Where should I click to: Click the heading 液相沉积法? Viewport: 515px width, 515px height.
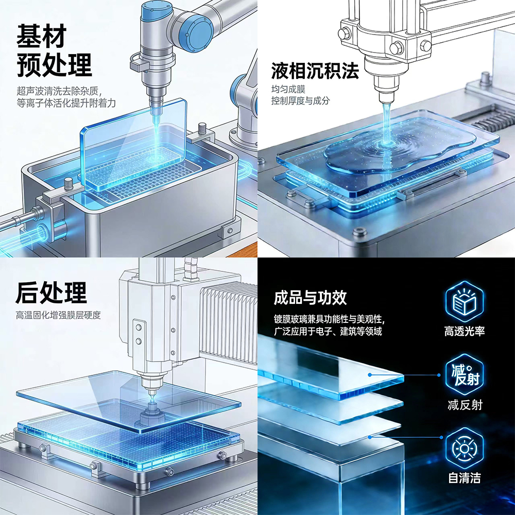[315, 71]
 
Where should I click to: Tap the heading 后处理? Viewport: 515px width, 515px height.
[51, 293]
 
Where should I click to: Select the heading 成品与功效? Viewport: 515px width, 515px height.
[310, 298]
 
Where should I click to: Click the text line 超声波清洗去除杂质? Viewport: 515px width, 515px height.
[57, 91]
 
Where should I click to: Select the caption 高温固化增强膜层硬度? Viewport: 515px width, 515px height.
[58, 315]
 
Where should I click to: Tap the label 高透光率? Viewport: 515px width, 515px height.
[465, 331]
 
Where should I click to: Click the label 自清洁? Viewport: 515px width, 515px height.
[465, 478]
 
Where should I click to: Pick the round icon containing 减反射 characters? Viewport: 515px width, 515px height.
[465, 375]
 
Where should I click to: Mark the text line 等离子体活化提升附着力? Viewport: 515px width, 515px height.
[66, 103]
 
